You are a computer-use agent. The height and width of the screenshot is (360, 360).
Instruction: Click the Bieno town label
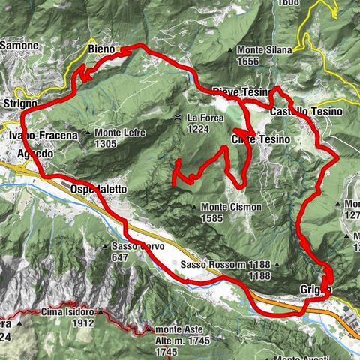pyautogui.click(x=100, y=49)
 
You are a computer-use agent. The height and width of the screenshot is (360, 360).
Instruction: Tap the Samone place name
pyautogui.click(x=18, y=46)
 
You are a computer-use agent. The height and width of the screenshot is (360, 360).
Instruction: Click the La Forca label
pyautogui.click(x=202, y=118)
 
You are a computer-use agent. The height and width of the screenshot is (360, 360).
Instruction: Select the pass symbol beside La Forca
pyautogui.click(x=178, y=118)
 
